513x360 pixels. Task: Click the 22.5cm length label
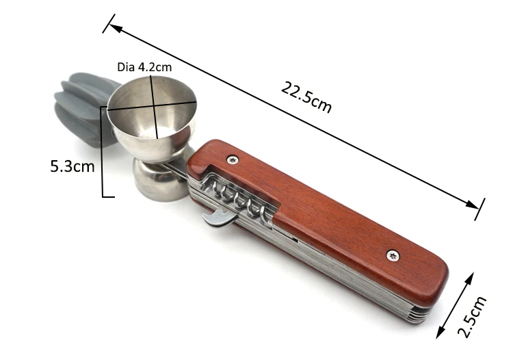(x=306, y=97)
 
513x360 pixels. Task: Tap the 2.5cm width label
(x=472, y=316)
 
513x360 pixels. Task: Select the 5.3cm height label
(x=73, y=166)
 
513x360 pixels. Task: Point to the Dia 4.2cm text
(x=144, y=67)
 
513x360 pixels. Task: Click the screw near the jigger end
(x=233, y=160)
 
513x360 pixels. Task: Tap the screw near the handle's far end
(x=393, y=255)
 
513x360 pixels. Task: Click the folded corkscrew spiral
(x=238, y=200)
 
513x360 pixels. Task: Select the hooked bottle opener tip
(x=216, y=218)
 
